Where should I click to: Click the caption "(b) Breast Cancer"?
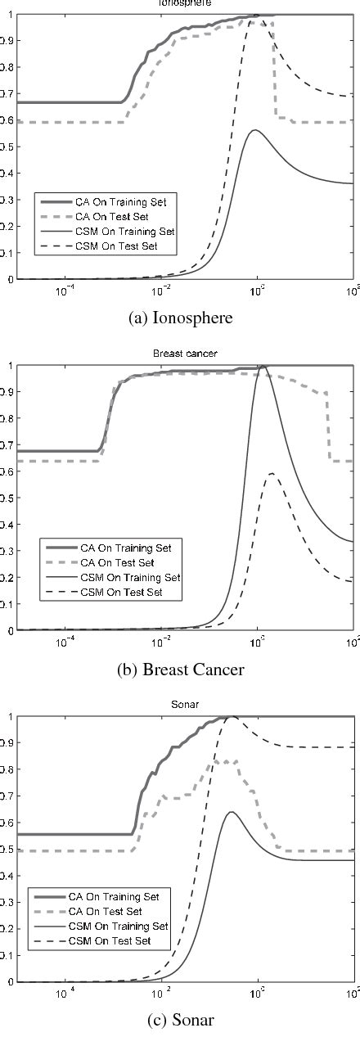tap(181, 670)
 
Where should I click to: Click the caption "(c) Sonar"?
tap(181, 1022)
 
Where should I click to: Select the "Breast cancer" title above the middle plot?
tap(180, 354)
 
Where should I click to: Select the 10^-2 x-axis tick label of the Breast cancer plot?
tap(161, 642)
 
